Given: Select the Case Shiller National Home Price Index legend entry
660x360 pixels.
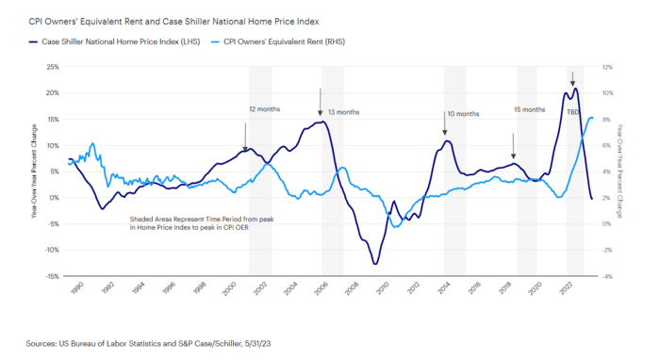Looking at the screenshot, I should click(110, 41).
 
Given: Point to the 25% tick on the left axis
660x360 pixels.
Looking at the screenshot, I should click(52, 68).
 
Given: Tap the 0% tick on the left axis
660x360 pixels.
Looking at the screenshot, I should click(54, 198).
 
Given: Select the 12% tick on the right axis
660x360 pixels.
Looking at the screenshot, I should click(609, 68).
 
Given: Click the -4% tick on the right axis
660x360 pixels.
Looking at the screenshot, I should click(609, 276).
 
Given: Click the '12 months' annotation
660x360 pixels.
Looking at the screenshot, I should click(264, 109).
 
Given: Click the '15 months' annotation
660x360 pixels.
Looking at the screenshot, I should click(529, 109).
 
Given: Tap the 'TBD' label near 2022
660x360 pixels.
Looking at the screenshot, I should click(572, 112).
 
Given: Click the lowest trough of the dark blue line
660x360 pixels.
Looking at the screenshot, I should click(375, 264).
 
